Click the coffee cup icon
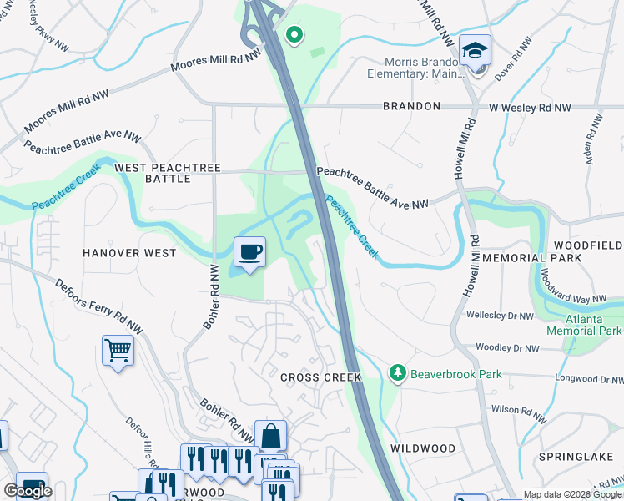(x=249, y=252)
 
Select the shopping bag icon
(x=270, y=436)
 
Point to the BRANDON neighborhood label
(x=411, y=107)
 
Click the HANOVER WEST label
(x=129, y=252)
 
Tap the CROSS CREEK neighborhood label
(x=321, y=377)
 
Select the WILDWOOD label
(x=421, y=448)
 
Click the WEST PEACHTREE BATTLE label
(x=168, y=173)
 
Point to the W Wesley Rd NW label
(x=530, y=108)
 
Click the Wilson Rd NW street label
(x=519, y=409)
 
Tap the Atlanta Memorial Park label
(x=584, y=324)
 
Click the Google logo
(x=27, y=491)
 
